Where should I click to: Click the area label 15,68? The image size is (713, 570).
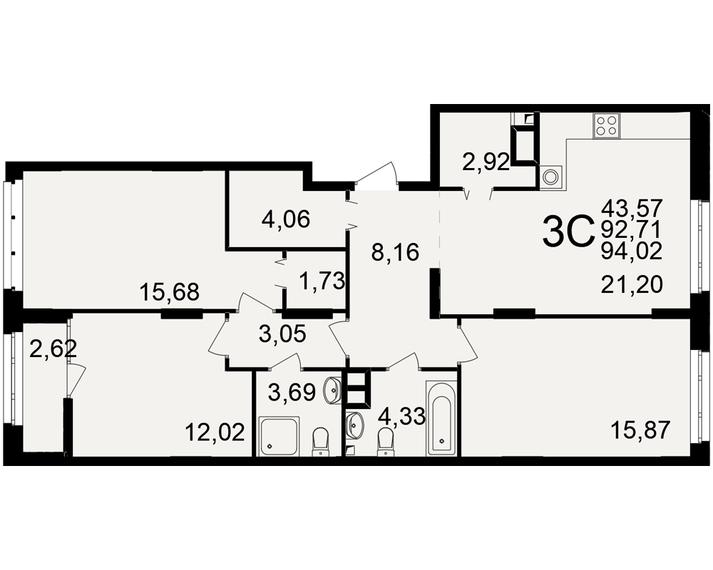click(x=170, y=292)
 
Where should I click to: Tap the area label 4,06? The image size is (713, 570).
click(x=286, y=220)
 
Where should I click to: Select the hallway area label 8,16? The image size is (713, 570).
click(x=395, y=252)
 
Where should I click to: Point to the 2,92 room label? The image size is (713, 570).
click(x=486, y=162)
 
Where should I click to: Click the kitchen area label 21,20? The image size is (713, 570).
click(x=632, y=285)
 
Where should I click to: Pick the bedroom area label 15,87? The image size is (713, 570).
click(x=640, y=430)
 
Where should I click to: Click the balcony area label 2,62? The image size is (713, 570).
click(x=53, y=350)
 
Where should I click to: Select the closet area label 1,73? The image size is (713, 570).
click(x=322, y=281)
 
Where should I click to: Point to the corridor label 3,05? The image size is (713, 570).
click(x=282, y=335)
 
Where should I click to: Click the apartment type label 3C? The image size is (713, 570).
click(x=568, y=232)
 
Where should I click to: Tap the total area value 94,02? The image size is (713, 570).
click(x=632, y=251)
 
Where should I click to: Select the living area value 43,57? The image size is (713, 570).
click(x=632, y=208)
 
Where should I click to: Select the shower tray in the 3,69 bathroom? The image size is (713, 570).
click(x=279, y=435)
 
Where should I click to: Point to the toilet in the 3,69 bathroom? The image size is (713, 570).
click(x=321, y=441)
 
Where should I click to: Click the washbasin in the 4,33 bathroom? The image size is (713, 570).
click(x=356, y=424)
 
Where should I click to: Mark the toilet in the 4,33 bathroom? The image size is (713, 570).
click(x=386, y=442)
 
